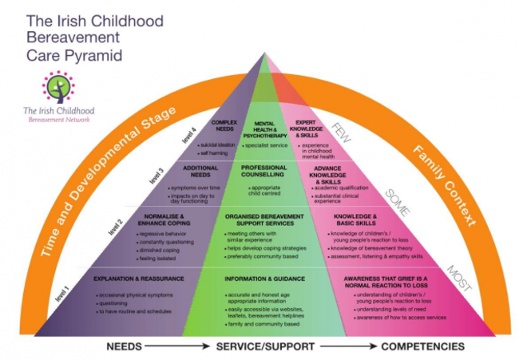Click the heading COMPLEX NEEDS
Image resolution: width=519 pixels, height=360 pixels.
click(x=225, y=126)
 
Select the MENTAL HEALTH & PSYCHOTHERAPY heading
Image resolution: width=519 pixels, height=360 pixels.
click(x=264, y=128)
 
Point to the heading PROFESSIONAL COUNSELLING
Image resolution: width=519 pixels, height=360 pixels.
click(x=263, y=172)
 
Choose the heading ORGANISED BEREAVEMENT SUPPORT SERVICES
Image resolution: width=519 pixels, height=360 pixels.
click(x=263, y=220)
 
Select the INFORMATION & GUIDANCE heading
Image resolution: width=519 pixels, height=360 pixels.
click(x=263, y=279)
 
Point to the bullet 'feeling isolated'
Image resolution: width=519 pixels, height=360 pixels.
click(x=157, y=257)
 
